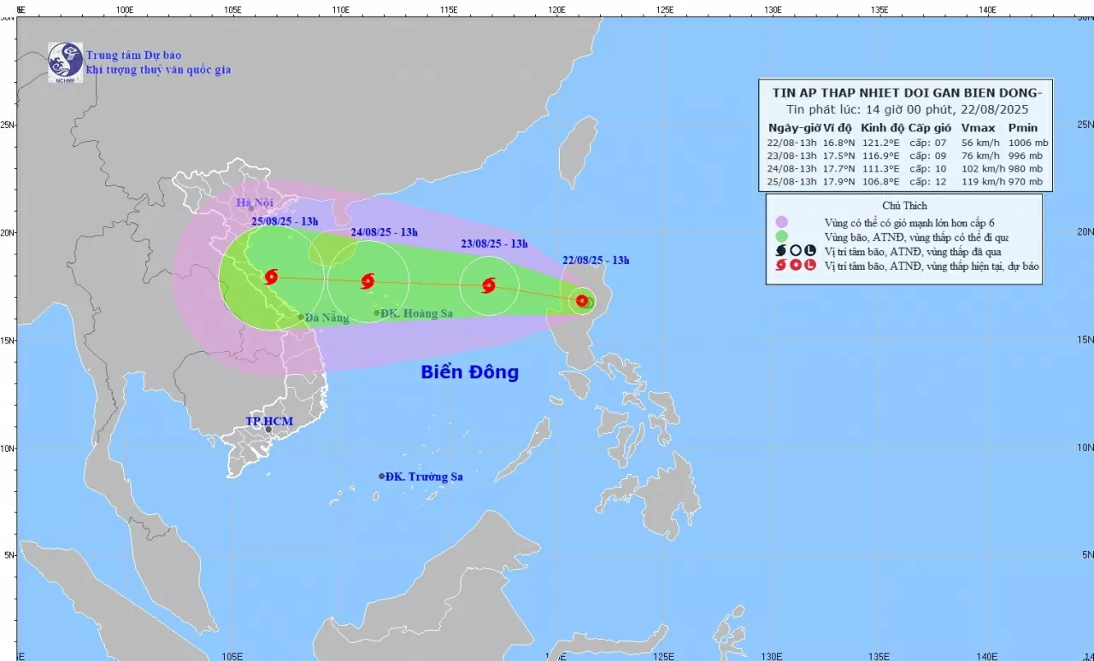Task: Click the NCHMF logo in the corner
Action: click(x=65, y=61)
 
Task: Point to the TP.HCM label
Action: click(x=269, y=421)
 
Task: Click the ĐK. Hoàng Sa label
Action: click(x=416, y=313)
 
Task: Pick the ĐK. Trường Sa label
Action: click(x=423, y=477)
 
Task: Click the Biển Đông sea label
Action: click(x=469, y=372)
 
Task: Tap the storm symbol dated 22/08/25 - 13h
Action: click(x=582, y=301)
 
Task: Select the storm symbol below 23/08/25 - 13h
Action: click(x=488, y=285)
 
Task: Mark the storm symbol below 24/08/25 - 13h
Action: click(x=368, y=281)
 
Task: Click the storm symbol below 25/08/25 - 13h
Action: click(x=271, y=276)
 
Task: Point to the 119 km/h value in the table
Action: click(x=981, y=182)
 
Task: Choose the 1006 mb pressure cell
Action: click(x=1028, y=143)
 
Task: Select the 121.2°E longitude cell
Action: click(x=879, y=143)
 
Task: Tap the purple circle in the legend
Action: click(x=781, y=222)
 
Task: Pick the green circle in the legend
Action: click(x=781, y=237)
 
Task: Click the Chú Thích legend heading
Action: click(x=903, y=206)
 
